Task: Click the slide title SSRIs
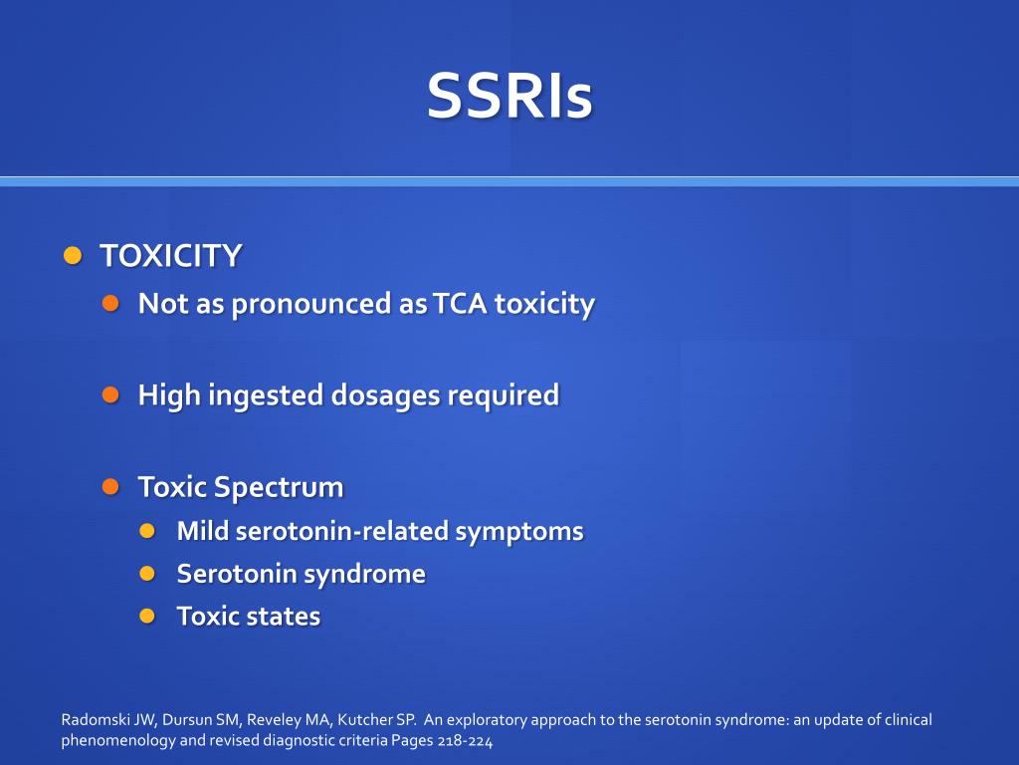(x=509, y=96)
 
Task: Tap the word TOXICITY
(x=170, y=256)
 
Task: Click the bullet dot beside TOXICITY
(x=72, y=255)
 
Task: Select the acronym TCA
(x=460, y=303)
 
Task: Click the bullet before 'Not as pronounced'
(x=110, y=302)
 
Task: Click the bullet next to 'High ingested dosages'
(x=110, y=394)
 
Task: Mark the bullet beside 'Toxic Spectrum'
(x=110, y=486)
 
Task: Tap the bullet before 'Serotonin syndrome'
(x=148, y=573)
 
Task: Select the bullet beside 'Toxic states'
(x=148, y=616)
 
